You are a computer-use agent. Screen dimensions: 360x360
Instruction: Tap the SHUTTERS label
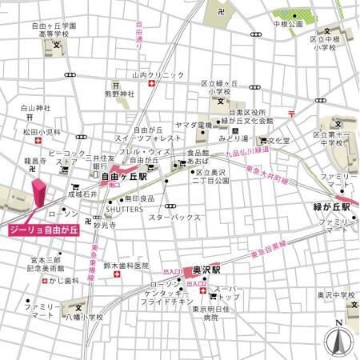click(x=126, y=210)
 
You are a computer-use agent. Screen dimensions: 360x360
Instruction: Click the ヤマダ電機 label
click(x=193, y=126)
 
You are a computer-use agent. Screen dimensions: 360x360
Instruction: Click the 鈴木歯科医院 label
click(x=130, y=265)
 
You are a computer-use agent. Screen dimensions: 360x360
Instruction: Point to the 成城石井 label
click(x=82, y=194)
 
